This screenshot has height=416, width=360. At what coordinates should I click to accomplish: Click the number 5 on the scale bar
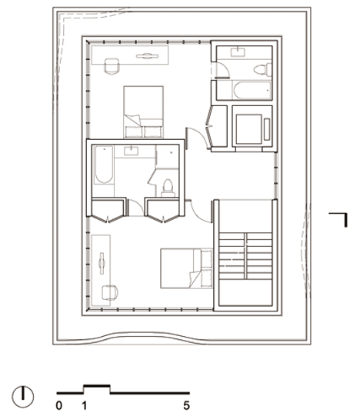click(186, 405)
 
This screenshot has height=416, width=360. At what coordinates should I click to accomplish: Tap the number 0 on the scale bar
click(59, 405)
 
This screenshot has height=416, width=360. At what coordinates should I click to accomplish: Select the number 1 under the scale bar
click(84, 405)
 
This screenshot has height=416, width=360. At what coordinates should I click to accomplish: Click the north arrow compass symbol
click(23, 397)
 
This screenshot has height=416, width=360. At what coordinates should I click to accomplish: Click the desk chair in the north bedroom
click(112, 66)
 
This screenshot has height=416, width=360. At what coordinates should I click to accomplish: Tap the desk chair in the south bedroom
click(110, 293)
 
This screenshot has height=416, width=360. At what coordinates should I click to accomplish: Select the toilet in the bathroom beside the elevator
click(262, 70)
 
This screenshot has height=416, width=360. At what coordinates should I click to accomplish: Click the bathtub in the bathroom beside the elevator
click(252, 90)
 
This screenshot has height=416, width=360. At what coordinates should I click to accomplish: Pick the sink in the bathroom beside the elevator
click(238, 52)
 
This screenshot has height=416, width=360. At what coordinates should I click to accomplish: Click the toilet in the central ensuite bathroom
click(168, 188)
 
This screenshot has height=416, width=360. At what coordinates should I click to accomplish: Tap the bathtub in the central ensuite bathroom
click(104, 165)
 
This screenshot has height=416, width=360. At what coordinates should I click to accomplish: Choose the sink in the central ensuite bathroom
click(131, 151)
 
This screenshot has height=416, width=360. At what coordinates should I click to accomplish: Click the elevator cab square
click(249, 129)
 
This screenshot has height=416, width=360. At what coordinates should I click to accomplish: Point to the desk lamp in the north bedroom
click(147, 56)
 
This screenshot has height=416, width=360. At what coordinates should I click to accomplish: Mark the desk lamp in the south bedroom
click(102, 263)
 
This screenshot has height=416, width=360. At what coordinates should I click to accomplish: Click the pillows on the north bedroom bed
click(144, 131)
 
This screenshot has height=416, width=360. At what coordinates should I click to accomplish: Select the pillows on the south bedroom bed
click(206, 268)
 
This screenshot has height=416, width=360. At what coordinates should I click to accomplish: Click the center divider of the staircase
click(245, 256)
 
